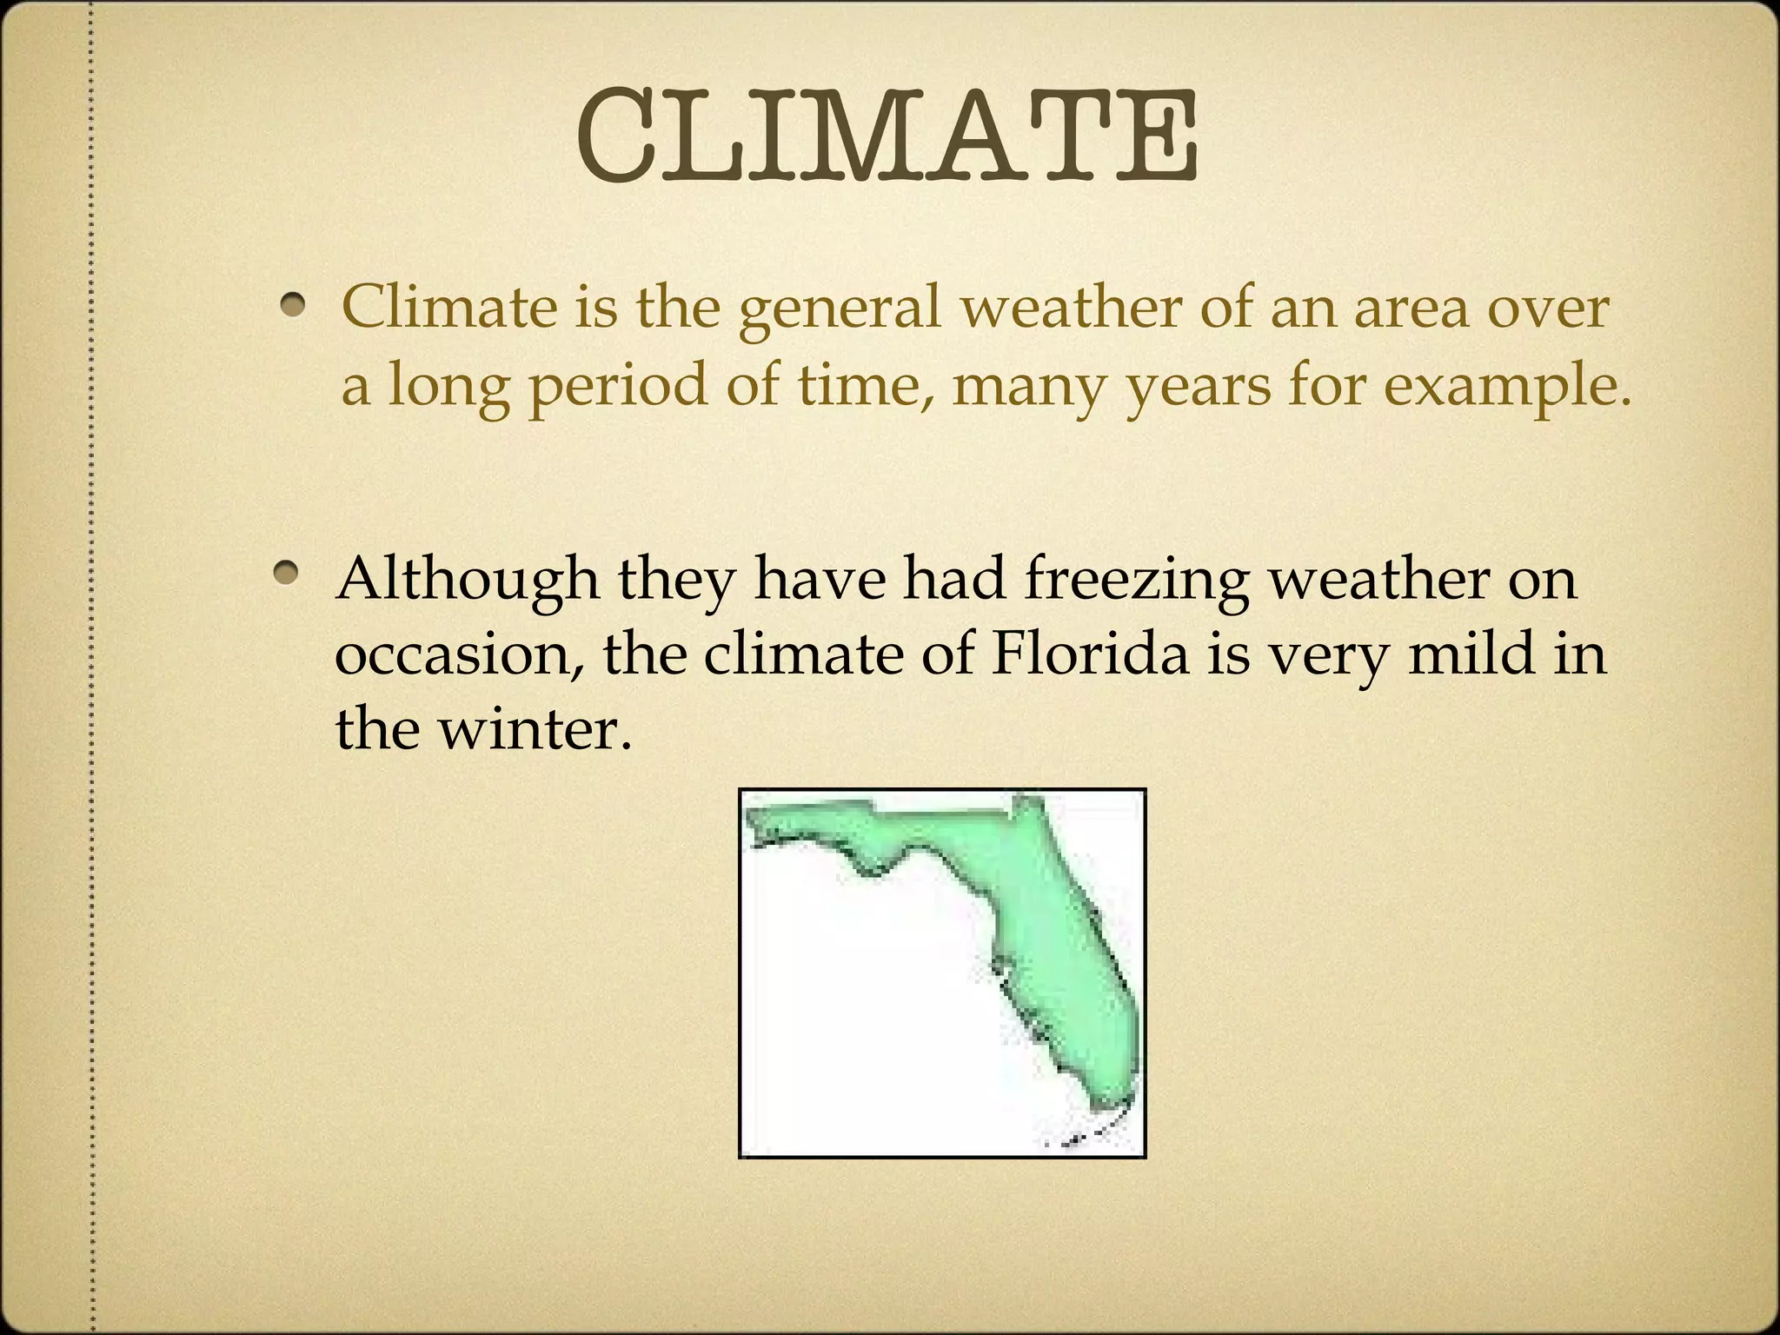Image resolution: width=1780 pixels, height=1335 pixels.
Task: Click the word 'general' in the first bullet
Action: click(840, 309)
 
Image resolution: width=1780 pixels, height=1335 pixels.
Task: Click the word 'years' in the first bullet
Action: click(1198, 388)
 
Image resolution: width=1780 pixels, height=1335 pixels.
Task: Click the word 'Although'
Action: click(467, 579)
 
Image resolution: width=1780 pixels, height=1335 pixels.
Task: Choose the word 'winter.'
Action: click(535, 728)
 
